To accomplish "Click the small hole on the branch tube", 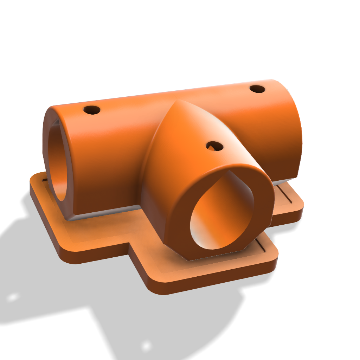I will coord(214,146).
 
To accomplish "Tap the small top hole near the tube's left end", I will coord(92,110).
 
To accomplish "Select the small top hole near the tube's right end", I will coord(258,89).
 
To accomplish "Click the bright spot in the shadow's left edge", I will coord(13,297).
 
